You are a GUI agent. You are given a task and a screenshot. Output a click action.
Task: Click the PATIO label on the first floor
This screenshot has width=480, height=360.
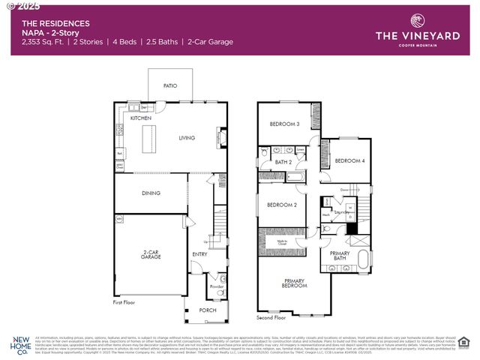[170, 86]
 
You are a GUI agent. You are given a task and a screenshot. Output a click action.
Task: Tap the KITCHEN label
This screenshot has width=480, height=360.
[141, 118]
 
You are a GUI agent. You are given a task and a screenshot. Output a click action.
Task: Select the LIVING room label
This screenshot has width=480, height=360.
[186, 138]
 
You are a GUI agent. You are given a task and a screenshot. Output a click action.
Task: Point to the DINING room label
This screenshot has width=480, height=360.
[151, 193]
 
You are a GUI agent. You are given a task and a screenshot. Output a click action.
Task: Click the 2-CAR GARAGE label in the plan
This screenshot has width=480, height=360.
[151, 255]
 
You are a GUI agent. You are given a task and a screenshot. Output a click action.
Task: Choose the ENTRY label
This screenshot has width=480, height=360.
[199, 254]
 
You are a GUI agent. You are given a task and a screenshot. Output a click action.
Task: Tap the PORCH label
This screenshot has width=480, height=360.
[207, 310]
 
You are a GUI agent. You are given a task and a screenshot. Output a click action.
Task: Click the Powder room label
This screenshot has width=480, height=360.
[217, 286]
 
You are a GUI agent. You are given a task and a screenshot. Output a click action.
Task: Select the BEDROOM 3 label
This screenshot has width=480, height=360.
[286, 124]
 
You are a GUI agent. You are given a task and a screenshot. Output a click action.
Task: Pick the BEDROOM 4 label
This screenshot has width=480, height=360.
[349, 161]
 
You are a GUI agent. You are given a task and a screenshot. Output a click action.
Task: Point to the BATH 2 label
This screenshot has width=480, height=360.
[283, 162]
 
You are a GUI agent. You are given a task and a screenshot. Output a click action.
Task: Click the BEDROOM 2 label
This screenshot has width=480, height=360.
[281, 205]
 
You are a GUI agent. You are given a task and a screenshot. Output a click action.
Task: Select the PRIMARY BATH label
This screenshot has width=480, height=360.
[340, 256]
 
